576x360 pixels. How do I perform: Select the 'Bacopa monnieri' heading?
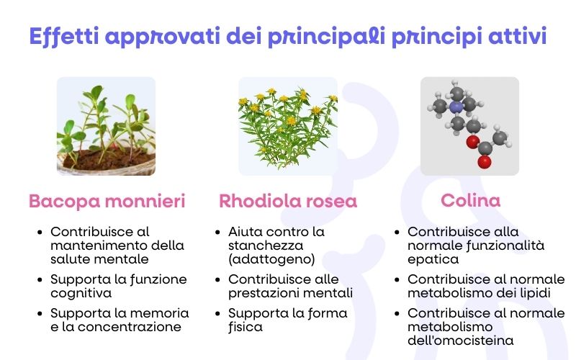click(x=107, y=202)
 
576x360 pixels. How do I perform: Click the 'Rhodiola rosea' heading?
click(x=287, y=202)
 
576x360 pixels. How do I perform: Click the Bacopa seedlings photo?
click(x=106, y=127)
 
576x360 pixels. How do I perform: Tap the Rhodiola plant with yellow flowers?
click(x=287, y=127)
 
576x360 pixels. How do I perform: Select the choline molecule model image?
click(x=469, y=127)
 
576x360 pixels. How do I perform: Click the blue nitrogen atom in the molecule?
click(x=455, y=107)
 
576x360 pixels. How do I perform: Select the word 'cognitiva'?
click(x=81, y=292)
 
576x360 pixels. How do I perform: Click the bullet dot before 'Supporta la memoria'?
click(x=40, y=314)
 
